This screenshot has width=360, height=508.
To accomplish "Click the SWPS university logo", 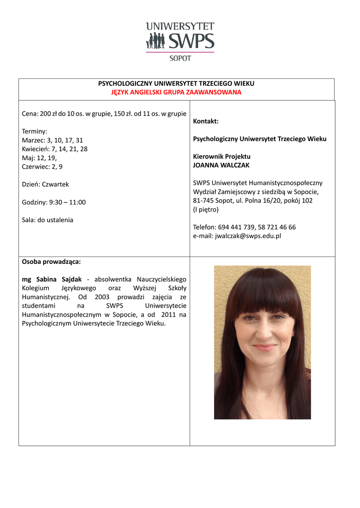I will [180, 37].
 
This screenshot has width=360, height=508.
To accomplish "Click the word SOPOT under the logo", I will [180, 58].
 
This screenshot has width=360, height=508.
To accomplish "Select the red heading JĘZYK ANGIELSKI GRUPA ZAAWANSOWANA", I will [176, 92].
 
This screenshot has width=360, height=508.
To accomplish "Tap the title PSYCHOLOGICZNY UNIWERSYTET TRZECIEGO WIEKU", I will [176, 84].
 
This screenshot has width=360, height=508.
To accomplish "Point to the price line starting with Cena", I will [104, 114].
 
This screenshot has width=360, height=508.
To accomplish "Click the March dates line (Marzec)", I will [53, 140].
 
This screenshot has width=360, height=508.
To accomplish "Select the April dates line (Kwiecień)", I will [55, 149].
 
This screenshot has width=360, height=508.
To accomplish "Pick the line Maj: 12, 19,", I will [40, 158].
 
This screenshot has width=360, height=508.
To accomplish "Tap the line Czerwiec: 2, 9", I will [42, 167].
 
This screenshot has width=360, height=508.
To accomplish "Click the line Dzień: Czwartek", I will [46, 185].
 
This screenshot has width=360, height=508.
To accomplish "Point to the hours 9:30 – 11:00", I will [67, 202].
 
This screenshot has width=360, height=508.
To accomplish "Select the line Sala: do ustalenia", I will [48, 220].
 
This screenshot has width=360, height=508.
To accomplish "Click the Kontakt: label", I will [206, 122].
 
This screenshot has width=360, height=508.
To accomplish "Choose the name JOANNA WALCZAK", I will [221, 165].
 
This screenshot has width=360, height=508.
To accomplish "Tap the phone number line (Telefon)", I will [244, 227].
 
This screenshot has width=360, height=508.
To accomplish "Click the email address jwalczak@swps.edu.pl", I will [248, 236].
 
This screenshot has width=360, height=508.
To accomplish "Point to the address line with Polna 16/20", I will [253, 200].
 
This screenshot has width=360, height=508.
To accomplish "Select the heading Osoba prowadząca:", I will [51, 261].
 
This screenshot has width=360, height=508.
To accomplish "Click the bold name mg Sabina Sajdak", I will [52, 279].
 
